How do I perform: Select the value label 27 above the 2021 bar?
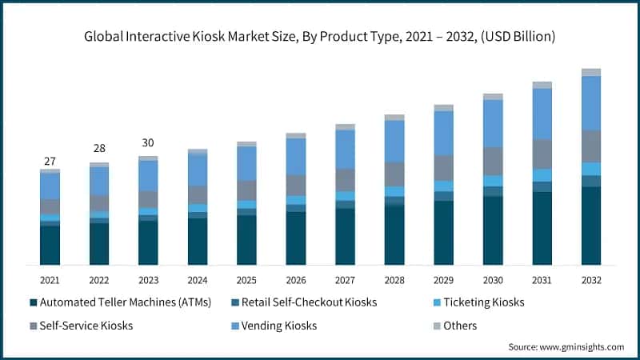pos(50,161)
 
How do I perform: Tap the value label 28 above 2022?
pos(99,150)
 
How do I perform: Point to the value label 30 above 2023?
pos(148,143)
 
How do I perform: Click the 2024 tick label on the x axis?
pos(198,280)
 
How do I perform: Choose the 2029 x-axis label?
pos(443,280)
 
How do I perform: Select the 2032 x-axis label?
pos(591,280)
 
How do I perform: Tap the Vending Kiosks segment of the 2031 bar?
pos(542,114)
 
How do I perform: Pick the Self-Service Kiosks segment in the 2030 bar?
pos(493,161)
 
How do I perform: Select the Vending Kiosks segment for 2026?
pos(296,156)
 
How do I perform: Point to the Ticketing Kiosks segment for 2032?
pos(591,168)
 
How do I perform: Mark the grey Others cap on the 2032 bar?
pos(591,72)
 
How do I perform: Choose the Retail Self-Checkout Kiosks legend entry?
pos(307,302)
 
